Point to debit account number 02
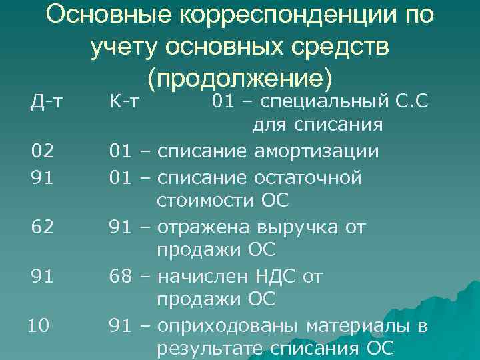pos(42,151)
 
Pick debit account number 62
pos(42,227)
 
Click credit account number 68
pos(121,275)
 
